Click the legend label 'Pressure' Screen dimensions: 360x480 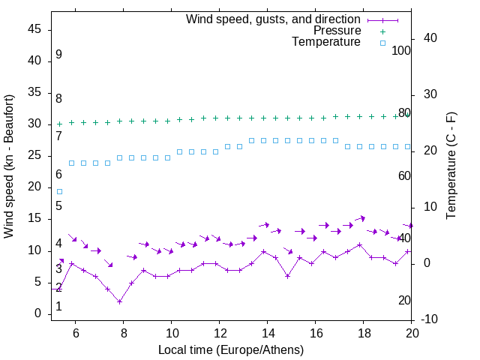[x=337, y=31]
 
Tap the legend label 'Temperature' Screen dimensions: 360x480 [x=326, y=42]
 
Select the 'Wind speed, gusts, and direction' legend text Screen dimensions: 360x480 [x=274, y=19]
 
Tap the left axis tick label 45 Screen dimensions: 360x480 [x=35, y=29]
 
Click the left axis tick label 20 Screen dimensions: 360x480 [x=35, y=187]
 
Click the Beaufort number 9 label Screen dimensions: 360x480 [x=58, y=55]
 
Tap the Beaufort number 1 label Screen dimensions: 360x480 [x=58, y=307]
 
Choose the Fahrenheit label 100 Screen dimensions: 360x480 [x=402, y=50]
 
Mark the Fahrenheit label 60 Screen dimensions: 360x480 [x=405, y=175]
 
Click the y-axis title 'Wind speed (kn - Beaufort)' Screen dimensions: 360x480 [x=9, y=166]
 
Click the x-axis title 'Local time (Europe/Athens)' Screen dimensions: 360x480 [x=231, y=349]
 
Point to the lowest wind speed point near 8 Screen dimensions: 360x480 [x=120, y=301]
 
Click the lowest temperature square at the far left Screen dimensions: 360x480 [x=60, y=191]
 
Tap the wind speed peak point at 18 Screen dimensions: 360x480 [x=360, y=244]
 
